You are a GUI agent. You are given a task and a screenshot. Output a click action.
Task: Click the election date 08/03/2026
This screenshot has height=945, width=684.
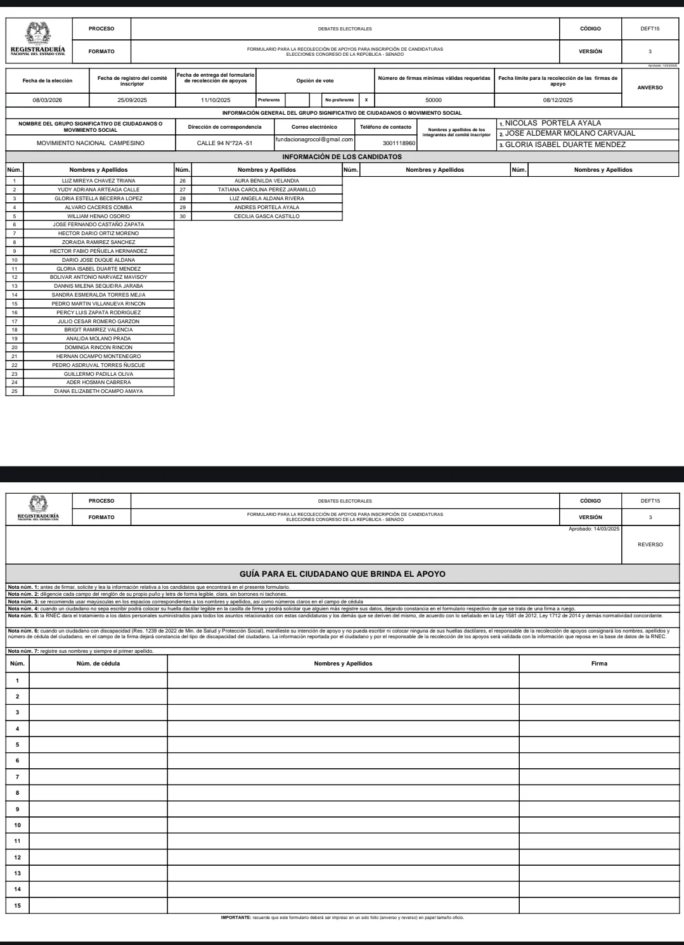click(x=47, y=100)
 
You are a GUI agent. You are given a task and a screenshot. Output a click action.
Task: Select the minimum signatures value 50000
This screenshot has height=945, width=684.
click(x=434, y=100)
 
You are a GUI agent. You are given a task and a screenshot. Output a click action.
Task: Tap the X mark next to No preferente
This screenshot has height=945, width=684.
click(x=366, y=100)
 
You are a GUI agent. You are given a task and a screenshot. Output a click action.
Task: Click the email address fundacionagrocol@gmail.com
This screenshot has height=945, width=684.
click(x=314, y=139)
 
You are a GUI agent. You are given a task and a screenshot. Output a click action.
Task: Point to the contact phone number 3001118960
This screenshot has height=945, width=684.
click(x=399, y=143)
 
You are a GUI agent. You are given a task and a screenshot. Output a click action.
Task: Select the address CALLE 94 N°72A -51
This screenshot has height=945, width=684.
click(x=224, y=143)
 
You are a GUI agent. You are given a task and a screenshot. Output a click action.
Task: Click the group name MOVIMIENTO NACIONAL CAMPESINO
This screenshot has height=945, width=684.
click(x=90, y=143)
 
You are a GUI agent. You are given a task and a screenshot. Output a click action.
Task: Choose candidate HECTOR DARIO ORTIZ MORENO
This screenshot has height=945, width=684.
click(x=98, y=233)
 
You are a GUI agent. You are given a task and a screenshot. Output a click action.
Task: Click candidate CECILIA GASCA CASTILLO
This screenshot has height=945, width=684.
click(x=266, y=216)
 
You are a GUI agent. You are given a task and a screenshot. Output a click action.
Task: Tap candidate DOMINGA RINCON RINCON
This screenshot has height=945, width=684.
click(x=98, y=347)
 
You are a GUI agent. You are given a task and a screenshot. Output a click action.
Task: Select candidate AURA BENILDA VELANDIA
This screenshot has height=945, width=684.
click(x=266, y=181)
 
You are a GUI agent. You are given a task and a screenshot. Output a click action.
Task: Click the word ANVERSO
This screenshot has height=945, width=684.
click(x=650, y=87)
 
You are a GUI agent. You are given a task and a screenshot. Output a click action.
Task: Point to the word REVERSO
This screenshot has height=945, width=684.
click(x=650, y=544)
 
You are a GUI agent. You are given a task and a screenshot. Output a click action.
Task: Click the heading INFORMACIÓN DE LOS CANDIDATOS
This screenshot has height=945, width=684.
click(x=342, y=157)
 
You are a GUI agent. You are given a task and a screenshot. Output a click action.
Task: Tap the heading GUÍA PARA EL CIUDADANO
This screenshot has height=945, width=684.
click(x=342, y=574)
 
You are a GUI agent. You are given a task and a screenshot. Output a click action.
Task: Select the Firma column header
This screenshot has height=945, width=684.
click(x=598, y=664)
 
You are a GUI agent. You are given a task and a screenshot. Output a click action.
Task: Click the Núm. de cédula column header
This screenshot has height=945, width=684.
click(x=98, y=664)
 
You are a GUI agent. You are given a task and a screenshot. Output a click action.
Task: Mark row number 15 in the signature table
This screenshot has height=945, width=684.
click(x=18, y=905)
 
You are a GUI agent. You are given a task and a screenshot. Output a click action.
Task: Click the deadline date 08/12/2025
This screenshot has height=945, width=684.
click(x=557, y=100)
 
